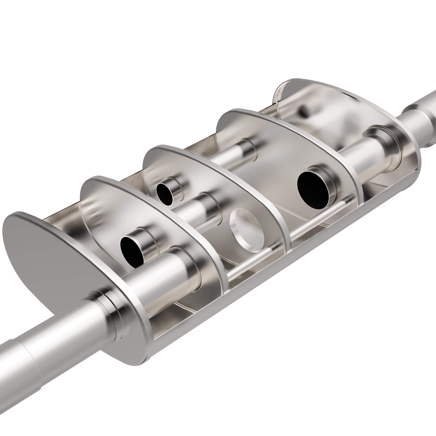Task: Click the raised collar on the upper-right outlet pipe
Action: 415,116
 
